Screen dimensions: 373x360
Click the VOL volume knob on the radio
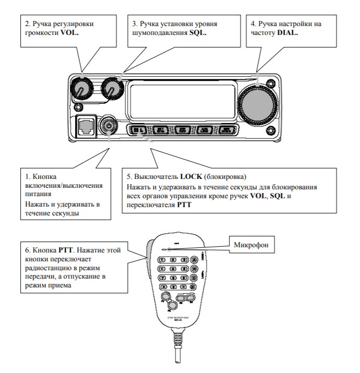tap(81, 89)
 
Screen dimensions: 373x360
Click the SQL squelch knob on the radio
tap(112, 89)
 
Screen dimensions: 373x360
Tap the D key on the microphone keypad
tap(194, 286)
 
